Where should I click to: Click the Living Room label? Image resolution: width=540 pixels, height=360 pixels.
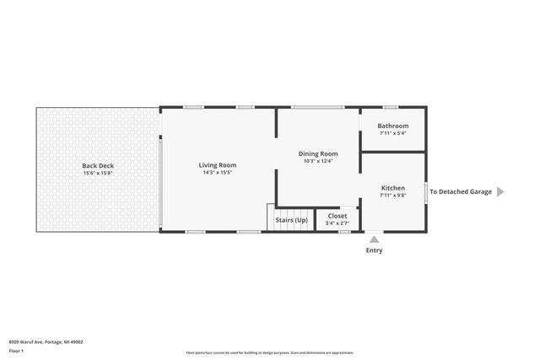[x=218, y=165]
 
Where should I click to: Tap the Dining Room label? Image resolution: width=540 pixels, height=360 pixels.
[x=318, y=153]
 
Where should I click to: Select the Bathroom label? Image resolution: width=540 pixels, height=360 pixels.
[x=393, y=126]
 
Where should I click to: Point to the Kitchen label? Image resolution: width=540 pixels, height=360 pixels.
[x=393, y=188]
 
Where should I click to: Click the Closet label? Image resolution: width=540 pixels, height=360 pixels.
[x=337, y=216]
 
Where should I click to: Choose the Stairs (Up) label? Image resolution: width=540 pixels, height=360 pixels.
[x=290, y=219]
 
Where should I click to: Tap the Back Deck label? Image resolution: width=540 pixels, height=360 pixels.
[x=98, y=166]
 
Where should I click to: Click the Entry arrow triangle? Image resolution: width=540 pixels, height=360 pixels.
[x=374, y=239]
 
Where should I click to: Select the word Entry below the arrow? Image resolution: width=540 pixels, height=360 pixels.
[x=374, y=250]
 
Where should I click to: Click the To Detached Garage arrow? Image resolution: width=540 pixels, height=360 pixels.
[x=499, y=191]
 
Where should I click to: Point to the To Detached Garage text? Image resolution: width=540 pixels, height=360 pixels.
[x=461, y=191]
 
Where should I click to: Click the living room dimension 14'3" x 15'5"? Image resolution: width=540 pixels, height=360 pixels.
[x=218, y=173]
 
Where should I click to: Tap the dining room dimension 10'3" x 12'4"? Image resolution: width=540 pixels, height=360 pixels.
[x=318, y=161]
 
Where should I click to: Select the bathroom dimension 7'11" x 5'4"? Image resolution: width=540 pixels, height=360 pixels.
[x=393, y=133]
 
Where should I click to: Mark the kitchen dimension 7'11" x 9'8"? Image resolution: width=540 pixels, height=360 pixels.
[x=393, y=196]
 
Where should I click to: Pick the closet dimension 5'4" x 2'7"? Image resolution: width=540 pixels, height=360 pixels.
[x=337, y=223]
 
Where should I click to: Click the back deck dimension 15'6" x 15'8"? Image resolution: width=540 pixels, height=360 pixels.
[x=98, y=174]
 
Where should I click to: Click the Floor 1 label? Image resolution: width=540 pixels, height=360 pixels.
[x=17, y=350]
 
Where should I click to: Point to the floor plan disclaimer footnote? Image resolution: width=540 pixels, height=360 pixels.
[x=270, y=352]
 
